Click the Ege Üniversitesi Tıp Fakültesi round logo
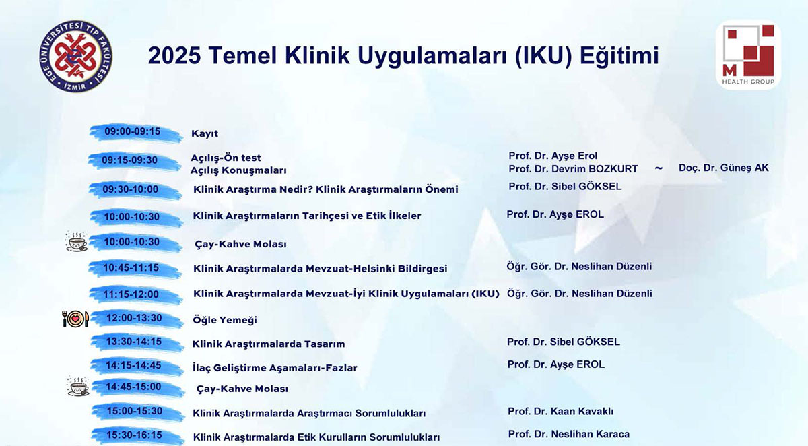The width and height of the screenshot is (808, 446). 75,56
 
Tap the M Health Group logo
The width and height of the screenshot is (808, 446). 748,55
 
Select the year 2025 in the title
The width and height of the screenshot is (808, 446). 174,55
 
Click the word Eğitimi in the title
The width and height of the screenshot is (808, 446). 619,57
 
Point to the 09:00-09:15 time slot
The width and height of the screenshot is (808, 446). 133,131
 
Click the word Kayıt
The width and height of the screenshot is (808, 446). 205,133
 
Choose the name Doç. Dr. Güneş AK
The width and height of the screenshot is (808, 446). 724,168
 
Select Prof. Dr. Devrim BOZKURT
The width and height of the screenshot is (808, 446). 573,169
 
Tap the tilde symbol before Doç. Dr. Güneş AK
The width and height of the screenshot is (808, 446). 659,168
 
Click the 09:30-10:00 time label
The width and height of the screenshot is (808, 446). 131,189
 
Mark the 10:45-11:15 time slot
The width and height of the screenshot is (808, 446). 131,267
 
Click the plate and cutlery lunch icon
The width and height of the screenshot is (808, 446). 75,318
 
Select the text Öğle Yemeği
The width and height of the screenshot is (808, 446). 225,320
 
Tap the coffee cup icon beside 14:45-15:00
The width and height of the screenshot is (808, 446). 78,387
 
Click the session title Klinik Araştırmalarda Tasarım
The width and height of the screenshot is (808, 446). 269,344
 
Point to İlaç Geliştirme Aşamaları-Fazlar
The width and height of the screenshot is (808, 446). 275,368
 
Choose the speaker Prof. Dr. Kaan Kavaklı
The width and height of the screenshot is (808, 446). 560,412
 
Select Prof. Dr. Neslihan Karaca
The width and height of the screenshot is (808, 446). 569,434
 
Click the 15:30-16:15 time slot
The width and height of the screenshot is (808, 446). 134,435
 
